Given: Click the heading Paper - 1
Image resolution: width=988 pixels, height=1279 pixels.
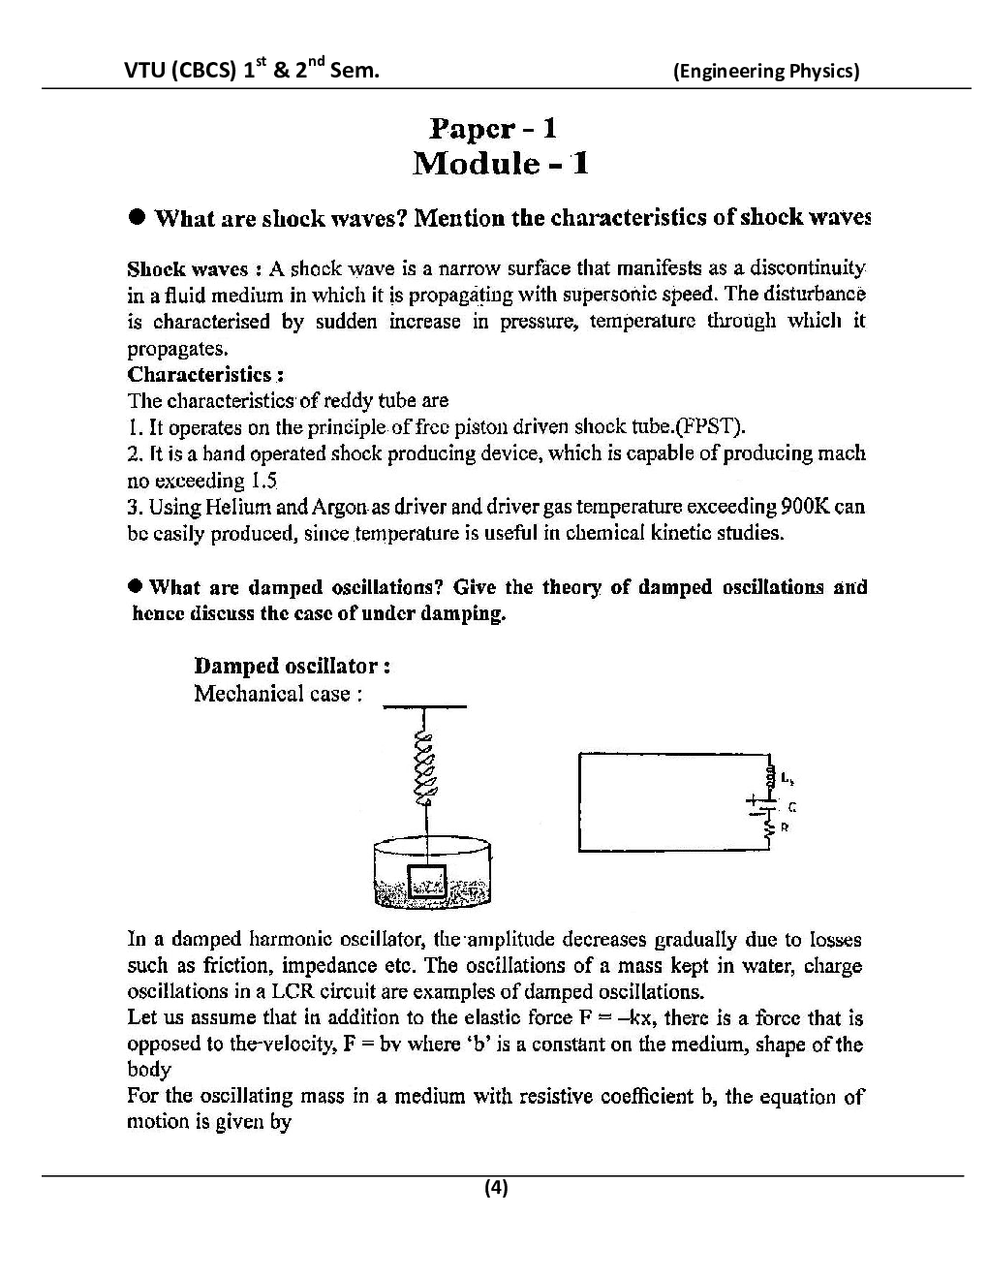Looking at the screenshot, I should pos(493,128).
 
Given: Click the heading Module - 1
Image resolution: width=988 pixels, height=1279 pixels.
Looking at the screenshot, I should pos(500,163).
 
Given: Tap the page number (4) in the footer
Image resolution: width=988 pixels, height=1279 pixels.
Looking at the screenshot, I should pos(496,1188).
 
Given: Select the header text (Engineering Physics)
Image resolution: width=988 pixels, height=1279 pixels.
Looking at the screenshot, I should pos(765,71).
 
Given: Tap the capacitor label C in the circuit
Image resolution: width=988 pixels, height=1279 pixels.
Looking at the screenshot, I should pos(792,806).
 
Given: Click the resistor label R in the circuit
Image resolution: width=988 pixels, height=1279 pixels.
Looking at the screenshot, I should pos(785,828).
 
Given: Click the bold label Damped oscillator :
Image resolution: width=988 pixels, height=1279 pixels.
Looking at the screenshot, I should pos(293,666).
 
